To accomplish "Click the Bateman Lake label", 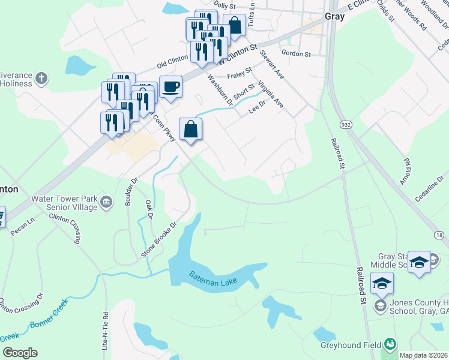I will [x=213, y=278].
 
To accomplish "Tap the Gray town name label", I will [x=334, y=17].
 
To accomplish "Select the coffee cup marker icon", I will [x=171, y=86].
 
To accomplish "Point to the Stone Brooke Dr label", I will [x=159, y=241].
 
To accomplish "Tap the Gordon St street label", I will [x=298, y=53].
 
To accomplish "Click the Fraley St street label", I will [x=240, y=76].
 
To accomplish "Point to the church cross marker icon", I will [x=41, y=79].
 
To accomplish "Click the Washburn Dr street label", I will [x=219, y=89].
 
